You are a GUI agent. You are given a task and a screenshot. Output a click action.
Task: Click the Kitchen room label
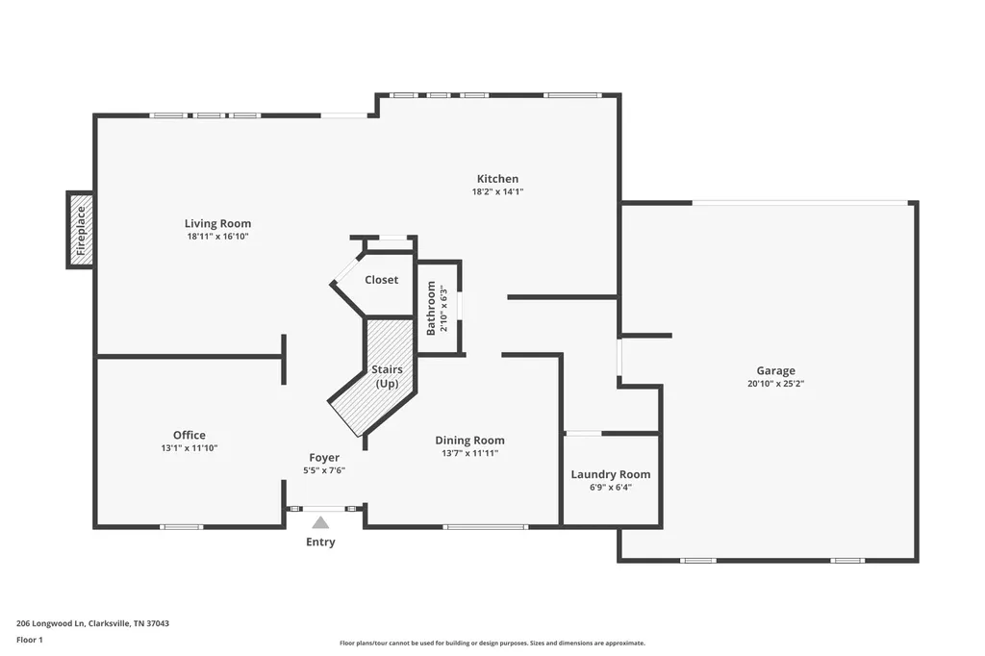point(497,179)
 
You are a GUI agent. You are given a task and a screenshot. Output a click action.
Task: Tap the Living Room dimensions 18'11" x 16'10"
point(218,237)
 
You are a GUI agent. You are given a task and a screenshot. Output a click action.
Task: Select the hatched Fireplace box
point(81,230)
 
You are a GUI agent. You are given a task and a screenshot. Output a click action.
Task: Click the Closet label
point(381,280)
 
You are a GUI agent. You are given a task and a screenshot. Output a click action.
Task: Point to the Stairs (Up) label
point(387,376)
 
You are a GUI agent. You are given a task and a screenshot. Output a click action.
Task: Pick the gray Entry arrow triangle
point(320,523)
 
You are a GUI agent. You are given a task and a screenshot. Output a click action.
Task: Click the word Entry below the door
point(320,542)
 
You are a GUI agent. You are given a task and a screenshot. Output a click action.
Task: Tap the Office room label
point(189,435)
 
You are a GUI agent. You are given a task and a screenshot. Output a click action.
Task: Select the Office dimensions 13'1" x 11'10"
point(189,448)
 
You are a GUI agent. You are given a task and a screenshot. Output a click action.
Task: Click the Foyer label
point(324,458)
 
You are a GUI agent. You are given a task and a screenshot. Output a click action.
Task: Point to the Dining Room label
point(469,441)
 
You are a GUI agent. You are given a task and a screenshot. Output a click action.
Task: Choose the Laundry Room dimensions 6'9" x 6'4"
point(611,488)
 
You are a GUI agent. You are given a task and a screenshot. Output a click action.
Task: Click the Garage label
point(776,370)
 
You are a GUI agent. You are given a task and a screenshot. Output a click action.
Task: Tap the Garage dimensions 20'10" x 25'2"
point(776,384)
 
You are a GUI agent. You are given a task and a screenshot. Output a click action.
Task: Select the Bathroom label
point(431,308)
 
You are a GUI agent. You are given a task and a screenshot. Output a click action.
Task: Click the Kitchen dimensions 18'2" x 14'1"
point(497,192)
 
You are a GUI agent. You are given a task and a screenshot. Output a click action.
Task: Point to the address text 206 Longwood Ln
point(50,624)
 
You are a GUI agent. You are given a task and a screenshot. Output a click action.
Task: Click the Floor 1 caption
point(30,641)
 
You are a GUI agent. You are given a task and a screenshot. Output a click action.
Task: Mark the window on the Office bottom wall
point(181,526)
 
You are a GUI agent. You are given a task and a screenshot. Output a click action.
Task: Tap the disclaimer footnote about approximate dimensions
point(492,643)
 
